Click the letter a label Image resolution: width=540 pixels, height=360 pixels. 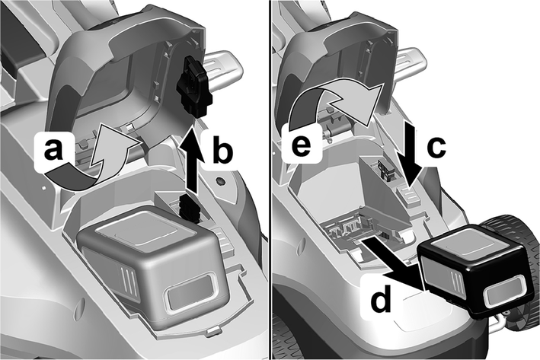[53, 150]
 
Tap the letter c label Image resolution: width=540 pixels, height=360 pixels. [436, 147]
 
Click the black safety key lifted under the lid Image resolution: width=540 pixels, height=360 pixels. [195, 86]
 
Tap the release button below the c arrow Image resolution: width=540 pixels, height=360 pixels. [407, 196]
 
